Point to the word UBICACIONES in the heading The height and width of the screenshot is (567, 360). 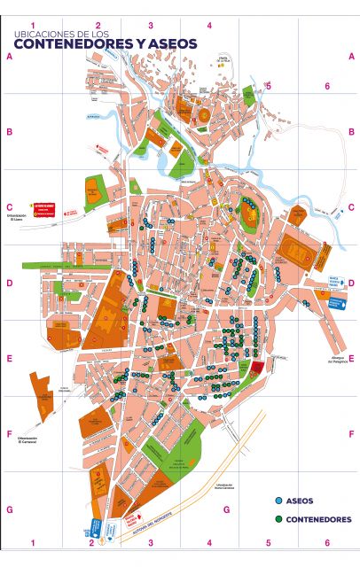[x=37, y=35]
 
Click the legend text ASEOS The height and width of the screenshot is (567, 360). [x=301, y=501]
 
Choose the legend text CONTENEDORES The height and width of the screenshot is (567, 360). [x=318, y=519]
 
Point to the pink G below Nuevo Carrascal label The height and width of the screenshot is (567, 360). [x=226, y=509]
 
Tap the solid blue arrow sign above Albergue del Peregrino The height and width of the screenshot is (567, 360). [x=335, y=303]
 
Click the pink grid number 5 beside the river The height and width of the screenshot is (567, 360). [x=268, y=87]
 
